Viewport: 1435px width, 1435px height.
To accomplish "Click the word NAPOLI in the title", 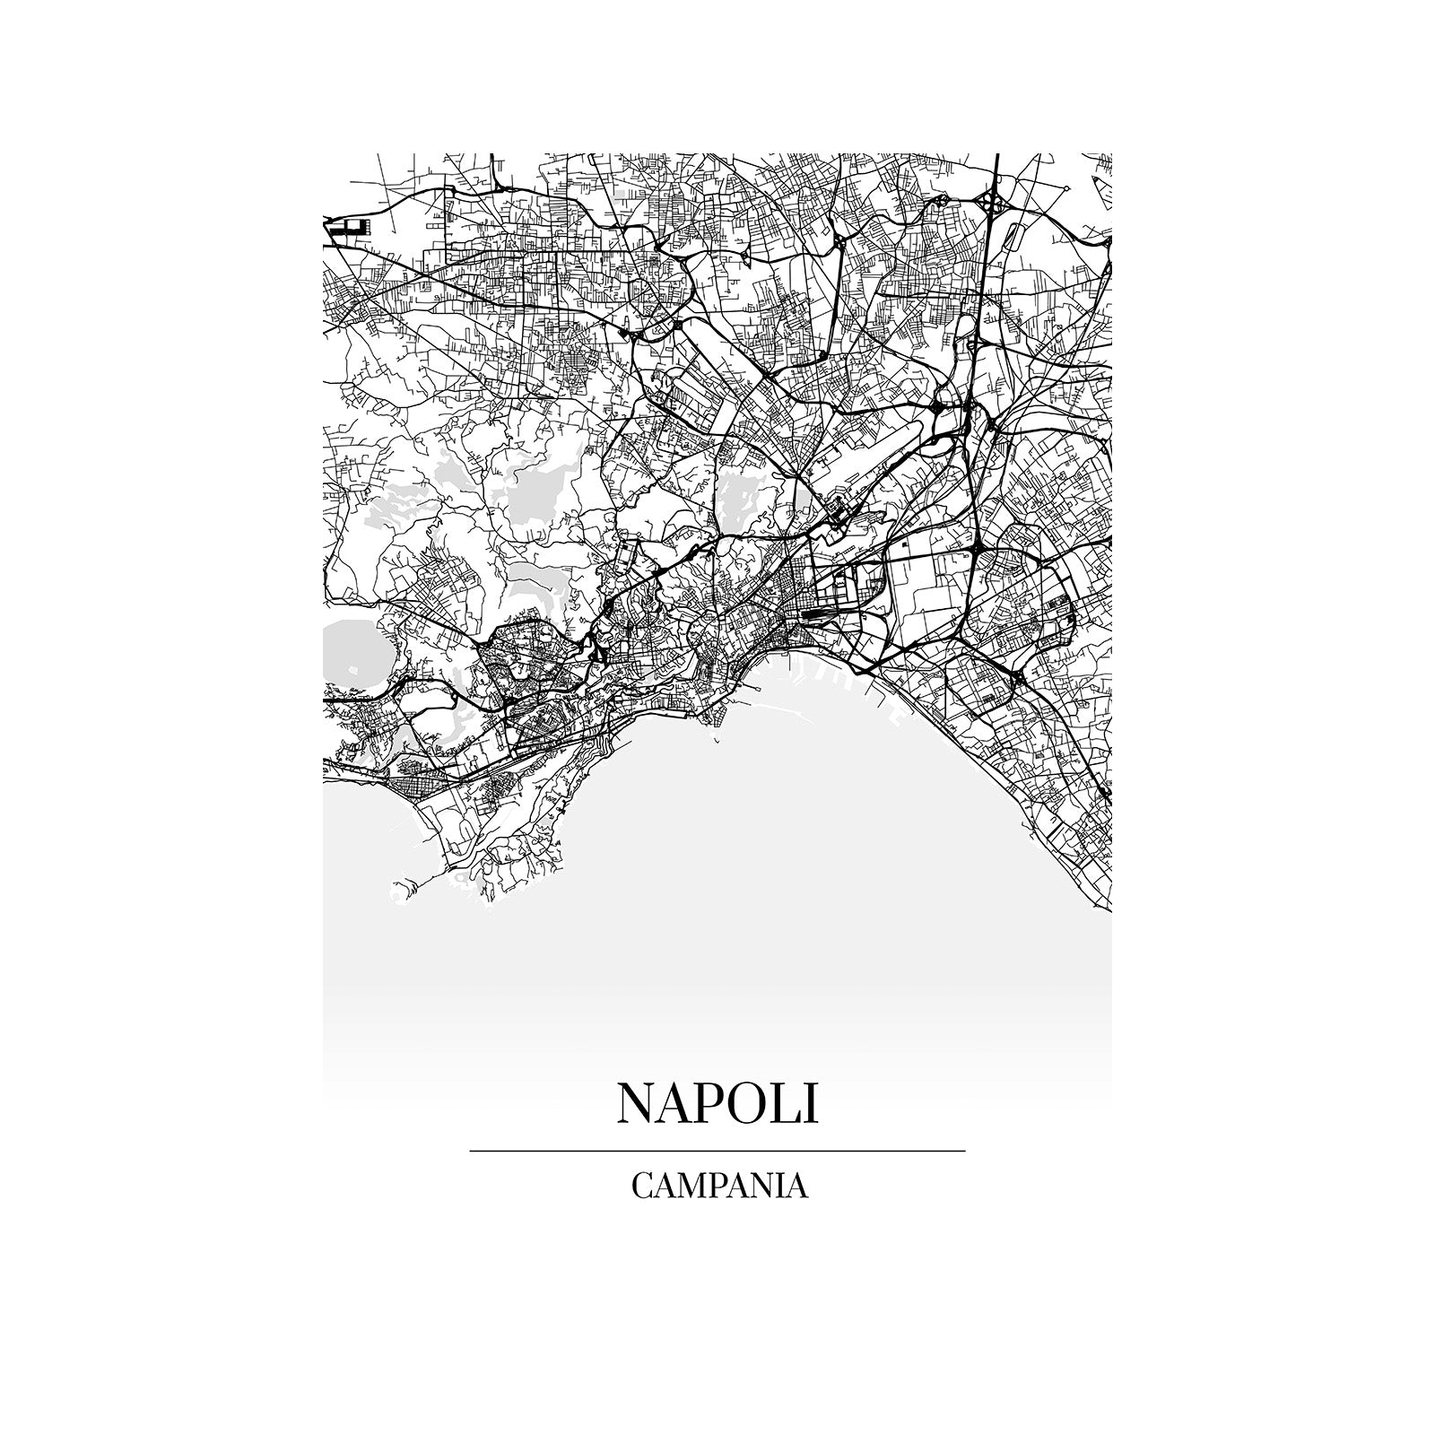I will [x=717, y=1103].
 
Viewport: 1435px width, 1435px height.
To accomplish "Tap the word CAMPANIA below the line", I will [x=719, y=1186].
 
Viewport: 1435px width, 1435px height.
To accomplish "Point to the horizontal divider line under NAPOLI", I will [x=717, y=1150].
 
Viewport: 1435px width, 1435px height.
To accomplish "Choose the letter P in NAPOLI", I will [x=700, y=1103].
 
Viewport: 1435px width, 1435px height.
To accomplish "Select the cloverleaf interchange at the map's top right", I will [x=993, y=203].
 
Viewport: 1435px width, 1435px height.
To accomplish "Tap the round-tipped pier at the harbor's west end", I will [x=715, y=744].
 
